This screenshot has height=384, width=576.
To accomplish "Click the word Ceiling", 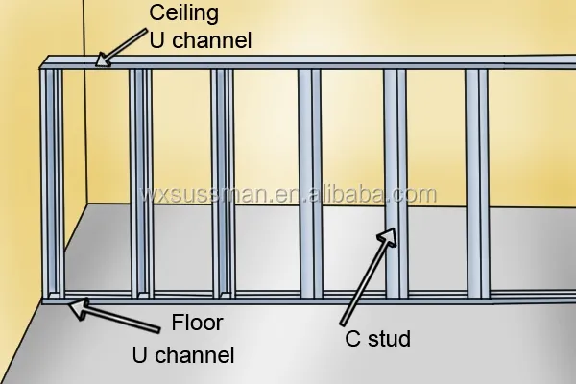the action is click(183, 14).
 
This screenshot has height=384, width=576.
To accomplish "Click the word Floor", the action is click(197, 323).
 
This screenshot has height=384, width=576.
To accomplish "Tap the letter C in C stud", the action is click(352, 339).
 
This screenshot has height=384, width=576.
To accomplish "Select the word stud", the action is click(389, 339).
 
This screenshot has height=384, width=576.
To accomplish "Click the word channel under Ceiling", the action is click(212, 40).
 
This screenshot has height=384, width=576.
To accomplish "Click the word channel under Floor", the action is click(195, 355).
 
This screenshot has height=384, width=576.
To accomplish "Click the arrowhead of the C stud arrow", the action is click(388, 237).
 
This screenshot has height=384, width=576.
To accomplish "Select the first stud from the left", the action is click(52, 183).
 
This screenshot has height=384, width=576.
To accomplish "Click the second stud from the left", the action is click(141, 183).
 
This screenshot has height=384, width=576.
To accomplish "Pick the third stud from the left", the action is click(223, 183).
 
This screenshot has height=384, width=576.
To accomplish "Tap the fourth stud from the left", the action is click(310, 183).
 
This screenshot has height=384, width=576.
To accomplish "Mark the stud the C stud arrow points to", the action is click(396, 183).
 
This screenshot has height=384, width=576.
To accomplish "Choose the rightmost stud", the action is click(477, 183).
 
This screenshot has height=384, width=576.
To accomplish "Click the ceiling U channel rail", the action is click(308, 62).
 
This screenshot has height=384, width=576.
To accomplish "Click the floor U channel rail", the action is click(308, 299).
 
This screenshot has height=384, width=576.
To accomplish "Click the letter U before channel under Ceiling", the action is click(156, 40).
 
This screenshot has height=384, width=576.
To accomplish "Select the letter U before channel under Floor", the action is click(139, 355).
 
